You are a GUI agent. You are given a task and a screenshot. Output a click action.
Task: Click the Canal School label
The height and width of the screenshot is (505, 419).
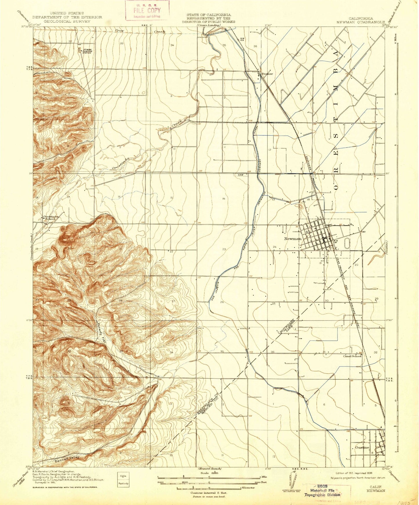click(x=352, y=356)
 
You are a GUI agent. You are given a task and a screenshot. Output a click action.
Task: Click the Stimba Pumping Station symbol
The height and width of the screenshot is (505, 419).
click(x=79, y=50)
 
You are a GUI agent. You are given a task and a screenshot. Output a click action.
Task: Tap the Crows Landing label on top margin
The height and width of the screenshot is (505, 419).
click(x=208, y=25)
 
